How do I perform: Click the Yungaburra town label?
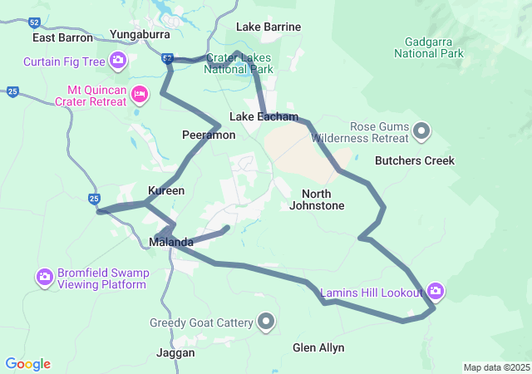[x=140, y=35]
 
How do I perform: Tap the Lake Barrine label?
[x=268, y=27]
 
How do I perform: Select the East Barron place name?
[x=61, y=37]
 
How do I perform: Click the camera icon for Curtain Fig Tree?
[x=118, y=61]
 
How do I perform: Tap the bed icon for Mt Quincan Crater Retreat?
[x=140, y=94]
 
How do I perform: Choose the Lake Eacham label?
[x=264, y=117]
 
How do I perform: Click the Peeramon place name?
[x=203, y=134]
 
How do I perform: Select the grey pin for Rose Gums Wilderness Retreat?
[x=421, y=130]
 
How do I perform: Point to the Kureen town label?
[x=165, y=190]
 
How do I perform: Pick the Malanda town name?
[x=171, y=242]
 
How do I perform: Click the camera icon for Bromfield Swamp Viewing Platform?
[x=45, y=276]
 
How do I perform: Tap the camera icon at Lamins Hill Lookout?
[x=435, y=291]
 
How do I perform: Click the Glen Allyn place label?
[x=318, y=347]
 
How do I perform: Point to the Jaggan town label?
[x=175, y=352]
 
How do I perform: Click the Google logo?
[x=28, y=364]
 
